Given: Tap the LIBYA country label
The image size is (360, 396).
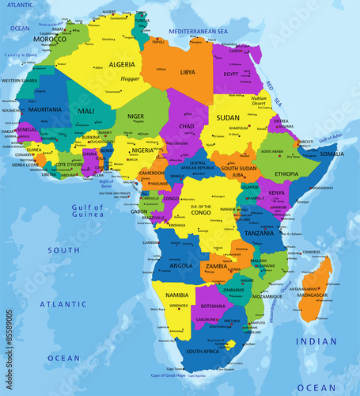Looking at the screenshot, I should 188,72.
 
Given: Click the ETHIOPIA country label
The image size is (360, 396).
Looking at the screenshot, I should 286,173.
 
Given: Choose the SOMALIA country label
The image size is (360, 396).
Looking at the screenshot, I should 332,154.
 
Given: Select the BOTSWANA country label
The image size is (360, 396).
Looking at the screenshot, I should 211,306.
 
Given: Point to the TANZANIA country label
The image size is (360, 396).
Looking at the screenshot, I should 259,234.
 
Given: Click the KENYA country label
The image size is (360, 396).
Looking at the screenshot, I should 276,192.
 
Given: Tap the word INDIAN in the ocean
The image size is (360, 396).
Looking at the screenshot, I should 316,341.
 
